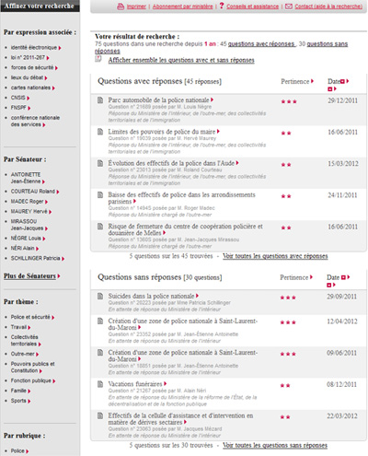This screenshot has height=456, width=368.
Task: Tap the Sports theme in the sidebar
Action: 21,402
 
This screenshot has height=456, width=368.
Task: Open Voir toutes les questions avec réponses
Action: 274,257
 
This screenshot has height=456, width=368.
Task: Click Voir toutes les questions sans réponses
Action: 274,446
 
